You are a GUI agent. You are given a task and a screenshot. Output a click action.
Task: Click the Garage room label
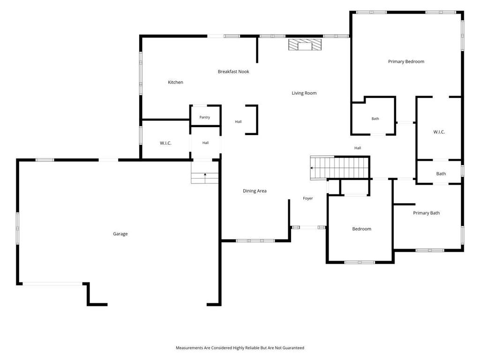[120, 234]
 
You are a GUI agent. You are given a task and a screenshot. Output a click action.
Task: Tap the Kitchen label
[175, 82]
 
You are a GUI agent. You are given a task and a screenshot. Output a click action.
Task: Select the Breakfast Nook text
[233, 71]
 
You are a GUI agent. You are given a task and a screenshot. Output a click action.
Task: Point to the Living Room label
[304, 93]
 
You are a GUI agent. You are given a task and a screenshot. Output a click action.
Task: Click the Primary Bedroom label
[406, 61]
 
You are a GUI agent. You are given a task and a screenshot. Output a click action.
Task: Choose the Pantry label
[204, 117]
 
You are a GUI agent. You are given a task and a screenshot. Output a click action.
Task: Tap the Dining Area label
[255, 191]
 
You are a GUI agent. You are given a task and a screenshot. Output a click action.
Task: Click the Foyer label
[307, 198]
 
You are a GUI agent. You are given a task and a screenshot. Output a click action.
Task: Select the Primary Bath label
[426, 213]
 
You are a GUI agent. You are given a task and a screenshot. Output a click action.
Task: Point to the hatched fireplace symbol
[305, 45]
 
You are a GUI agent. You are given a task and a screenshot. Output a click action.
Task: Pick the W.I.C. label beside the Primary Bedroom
[439, 132]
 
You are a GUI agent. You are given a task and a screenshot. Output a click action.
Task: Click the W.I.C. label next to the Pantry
[165, 143]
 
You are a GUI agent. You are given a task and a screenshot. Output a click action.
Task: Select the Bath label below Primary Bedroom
[375, 119]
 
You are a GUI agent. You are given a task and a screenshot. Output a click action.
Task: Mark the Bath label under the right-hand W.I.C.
[441, 173]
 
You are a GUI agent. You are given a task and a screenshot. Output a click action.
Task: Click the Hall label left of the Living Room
[238, 122]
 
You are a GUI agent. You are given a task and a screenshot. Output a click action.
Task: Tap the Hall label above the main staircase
[358, 148]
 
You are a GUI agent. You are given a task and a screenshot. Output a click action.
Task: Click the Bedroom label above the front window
[361, 229]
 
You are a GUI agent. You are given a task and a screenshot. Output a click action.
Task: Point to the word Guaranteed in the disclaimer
[293, 348]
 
